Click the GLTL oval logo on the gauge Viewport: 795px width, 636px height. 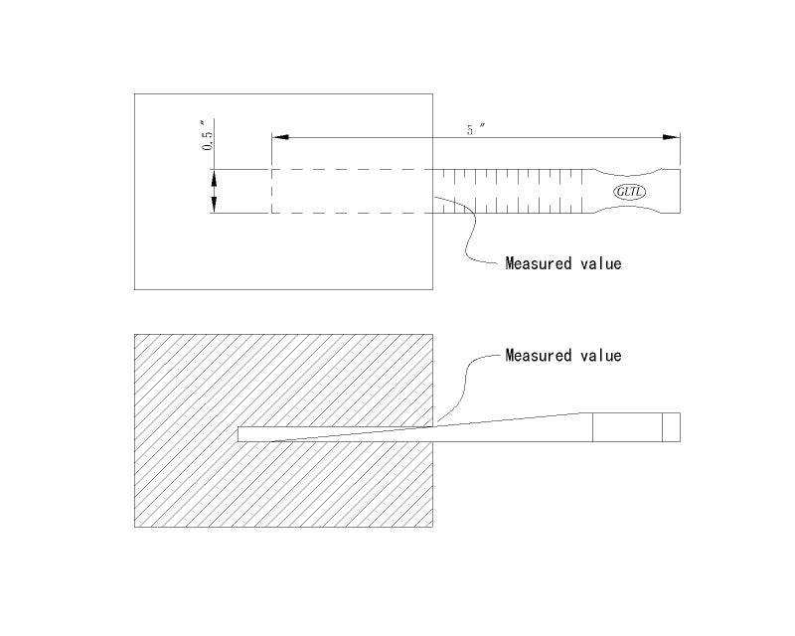coord(630,192)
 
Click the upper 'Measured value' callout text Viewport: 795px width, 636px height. coord(563,263)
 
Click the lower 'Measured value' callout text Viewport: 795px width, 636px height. coord(563,355)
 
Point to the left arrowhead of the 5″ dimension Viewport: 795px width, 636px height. coord(280,137)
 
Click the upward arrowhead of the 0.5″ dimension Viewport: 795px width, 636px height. coord(214,178)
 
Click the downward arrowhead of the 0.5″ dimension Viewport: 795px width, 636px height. coord(214,204)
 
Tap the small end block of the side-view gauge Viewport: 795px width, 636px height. coord(672,427)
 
